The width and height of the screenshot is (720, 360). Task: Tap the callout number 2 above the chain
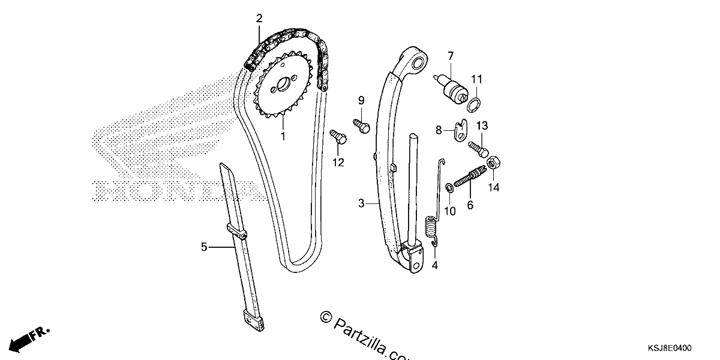coord(259,19)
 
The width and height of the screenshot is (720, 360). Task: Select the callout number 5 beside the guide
coord(204,247)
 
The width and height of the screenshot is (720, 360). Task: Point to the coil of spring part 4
coord(431,227)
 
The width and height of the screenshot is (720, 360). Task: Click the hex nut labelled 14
coord(493,163)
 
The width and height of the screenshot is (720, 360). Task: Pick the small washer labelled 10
coord(449,188)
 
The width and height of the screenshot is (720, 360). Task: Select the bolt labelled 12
coord(338,137)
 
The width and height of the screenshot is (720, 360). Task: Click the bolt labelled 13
coord(478,150)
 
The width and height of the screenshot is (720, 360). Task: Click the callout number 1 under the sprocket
coord(283,136)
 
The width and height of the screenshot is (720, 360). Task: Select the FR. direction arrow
coord(29,339)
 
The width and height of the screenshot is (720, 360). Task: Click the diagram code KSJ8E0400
coord(670,348)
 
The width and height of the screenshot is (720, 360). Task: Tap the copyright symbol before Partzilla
coord(326,317)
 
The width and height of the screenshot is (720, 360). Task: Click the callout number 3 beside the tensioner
coord(361,203)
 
